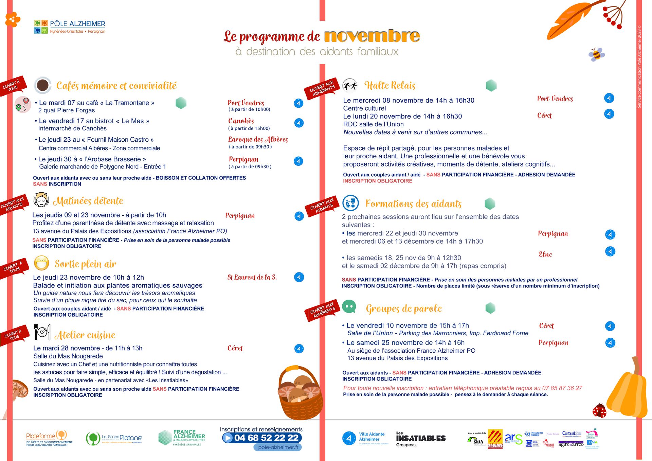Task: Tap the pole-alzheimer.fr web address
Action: coord(278,447)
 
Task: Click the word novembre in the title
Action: coord(372,36)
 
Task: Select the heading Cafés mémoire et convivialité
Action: coord(116,86)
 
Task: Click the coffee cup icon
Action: coord(42,85)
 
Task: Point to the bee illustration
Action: coord(596,54)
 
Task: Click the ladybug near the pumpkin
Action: coord(599,411)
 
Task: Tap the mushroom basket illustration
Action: coord(300,392)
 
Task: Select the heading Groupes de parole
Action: coord(404,308)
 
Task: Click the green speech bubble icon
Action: coord(349,306)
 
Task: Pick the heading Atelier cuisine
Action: coord(85,335)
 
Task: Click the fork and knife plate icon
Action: coord(42,332)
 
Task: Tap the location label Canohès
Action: coord(241,121)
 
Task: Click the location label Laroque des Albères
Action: coord(258,139)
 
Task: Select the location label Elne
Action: coord(545,254)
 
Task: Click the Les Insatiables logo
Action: coord(421,439)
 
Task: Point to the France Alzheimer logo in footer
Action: coord(182,438)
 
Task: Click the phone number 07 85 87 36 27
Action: coord(562,388)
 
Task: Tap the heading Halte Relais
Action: coord(390,85)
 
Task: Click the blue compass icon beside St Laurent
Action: coord(299,277)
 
